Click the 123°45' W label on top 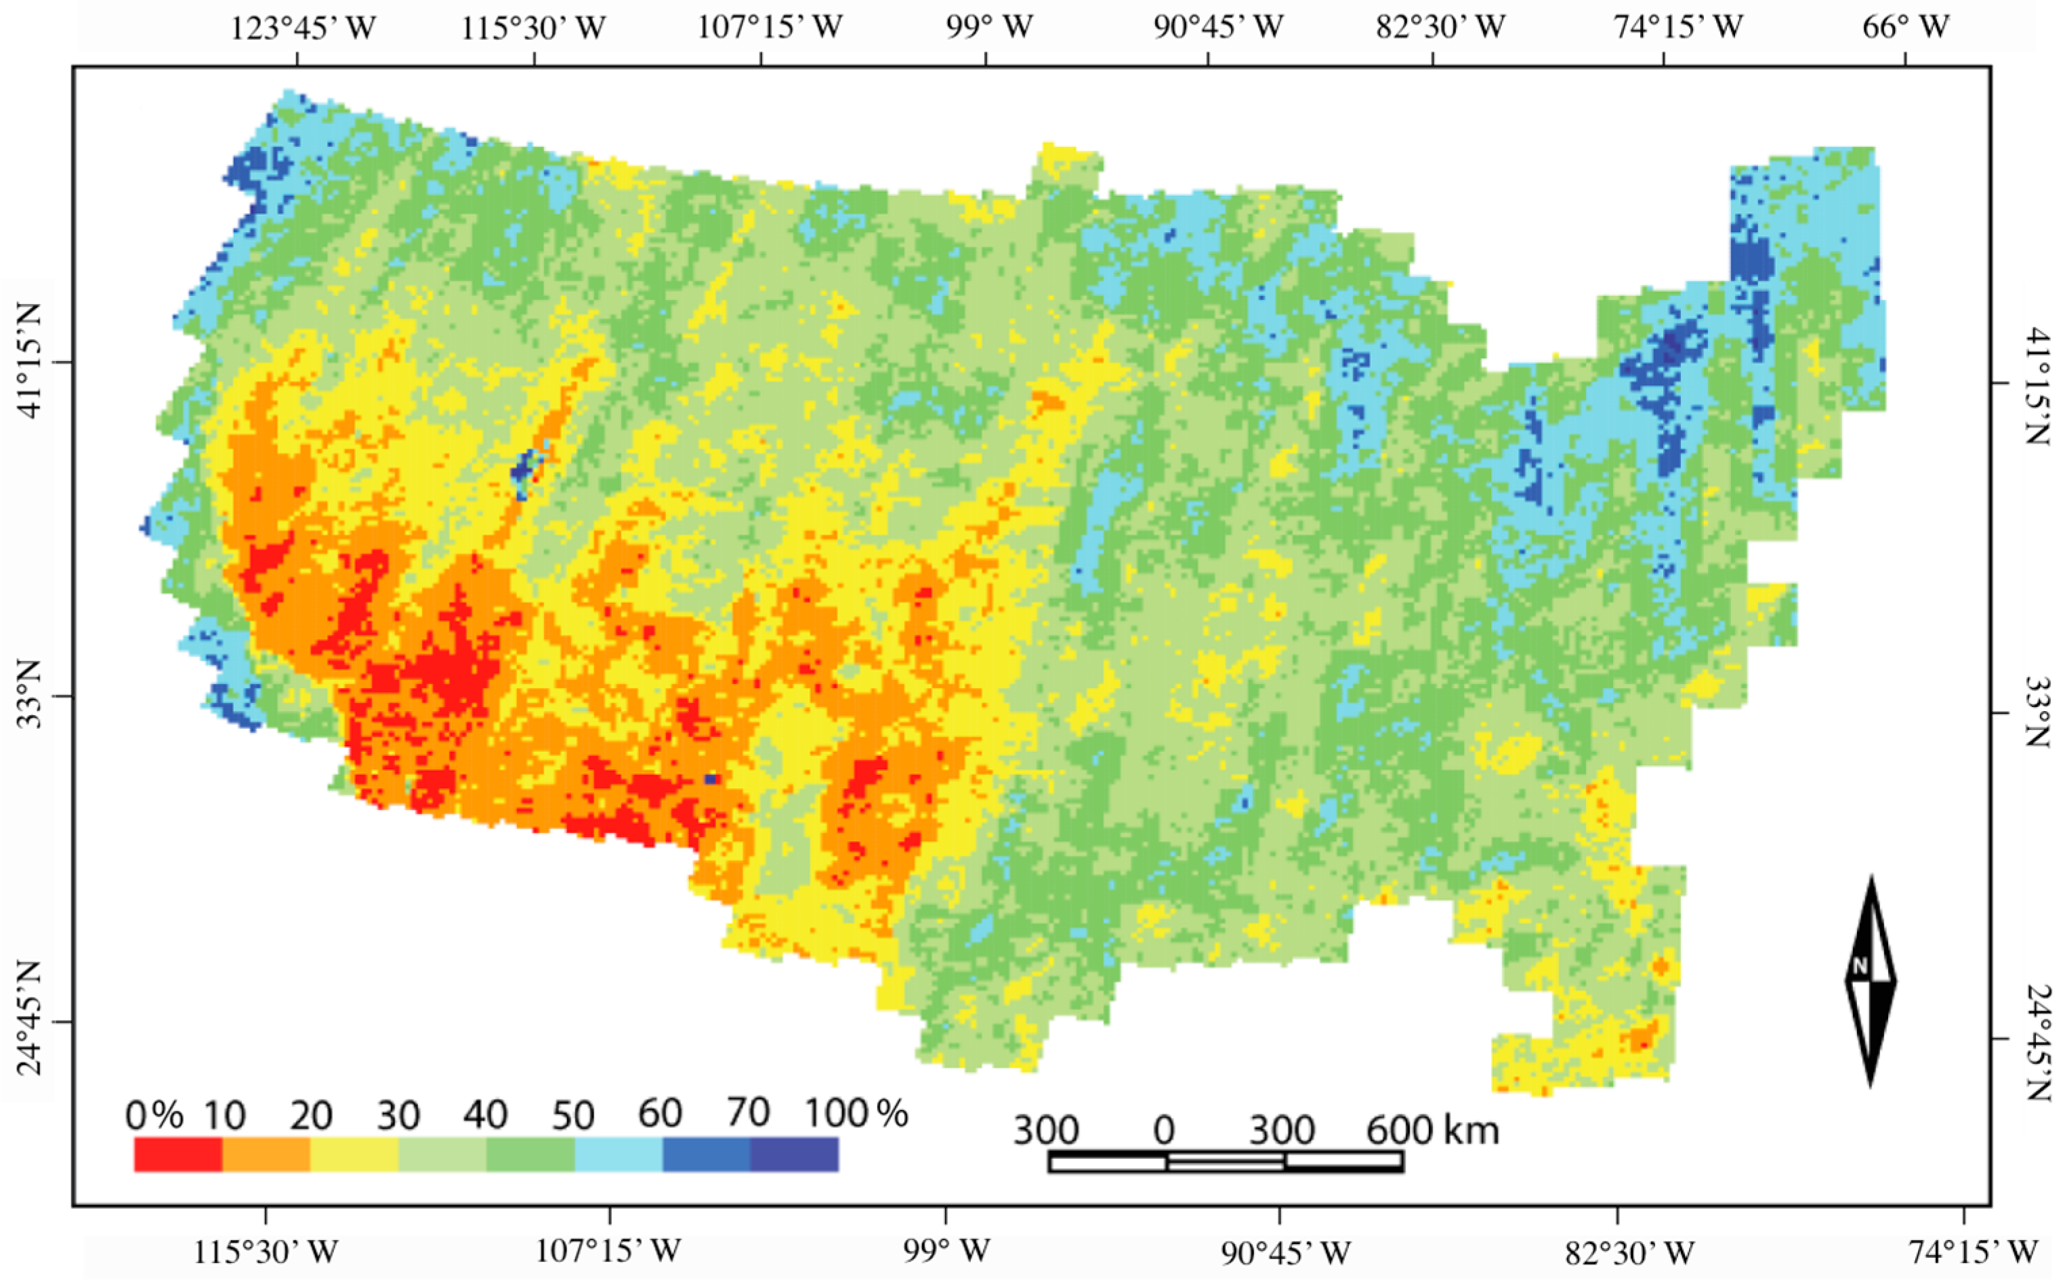pos(302,28)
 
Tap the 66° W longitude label pos(1905,28)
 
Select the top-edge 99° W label pos(989,28)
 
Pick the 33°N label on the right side pos(2037,712)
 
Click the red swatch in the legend pos(178,1155)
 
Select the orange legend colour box pos(266,1155)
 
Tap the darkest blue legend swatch pos(794,1155)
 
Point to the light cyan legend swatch pos(618,1155)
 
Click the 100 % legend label pos(855,1113)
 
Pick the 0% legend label pos(154,1116)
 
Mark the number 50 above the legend pos(572,1116)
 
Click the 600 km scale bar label pos(1432,1130)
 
